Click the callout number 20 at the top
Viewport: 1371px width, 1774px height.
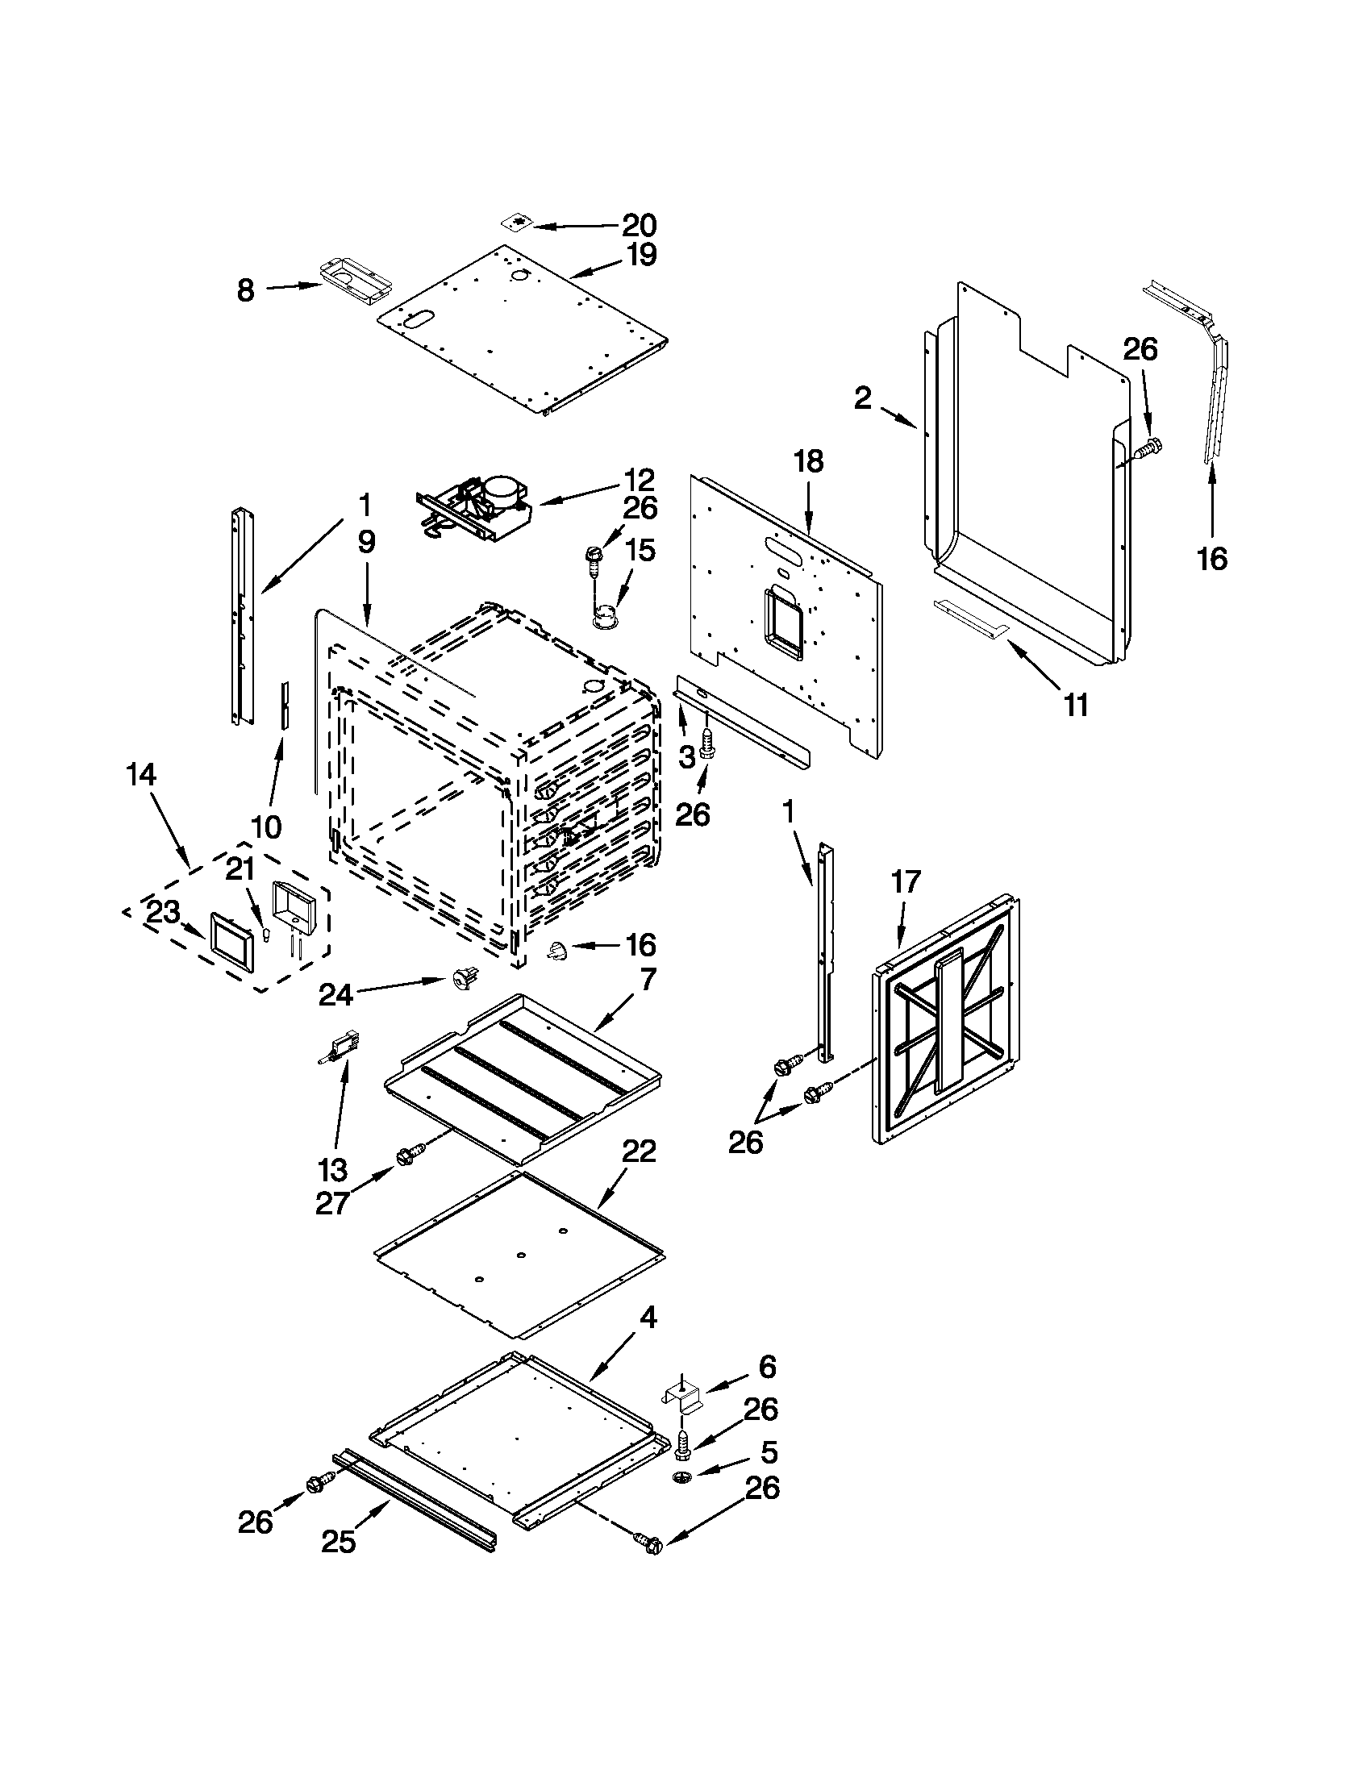tap(640, 225)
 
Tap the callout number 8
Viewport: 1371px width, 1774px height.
tap(246, 290)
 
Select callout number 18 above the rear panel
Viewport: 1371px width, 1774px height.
tap(809, 461)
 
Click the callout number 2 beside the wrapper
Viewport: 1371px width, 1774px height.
tap(863, 398)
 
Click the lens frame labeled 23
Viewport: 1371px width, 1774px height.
tap(233, 940)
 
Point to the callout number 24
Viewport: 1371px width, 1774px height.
tap(335, 994)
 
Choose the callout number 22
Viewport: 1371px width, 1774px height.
tap(640, 1151)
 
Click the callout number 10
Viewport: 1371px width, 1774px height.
tap(266, 827)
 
